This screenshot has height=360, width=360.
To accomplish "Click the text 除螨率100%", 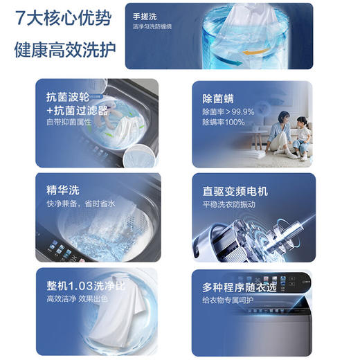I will [x=224, y=123].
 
